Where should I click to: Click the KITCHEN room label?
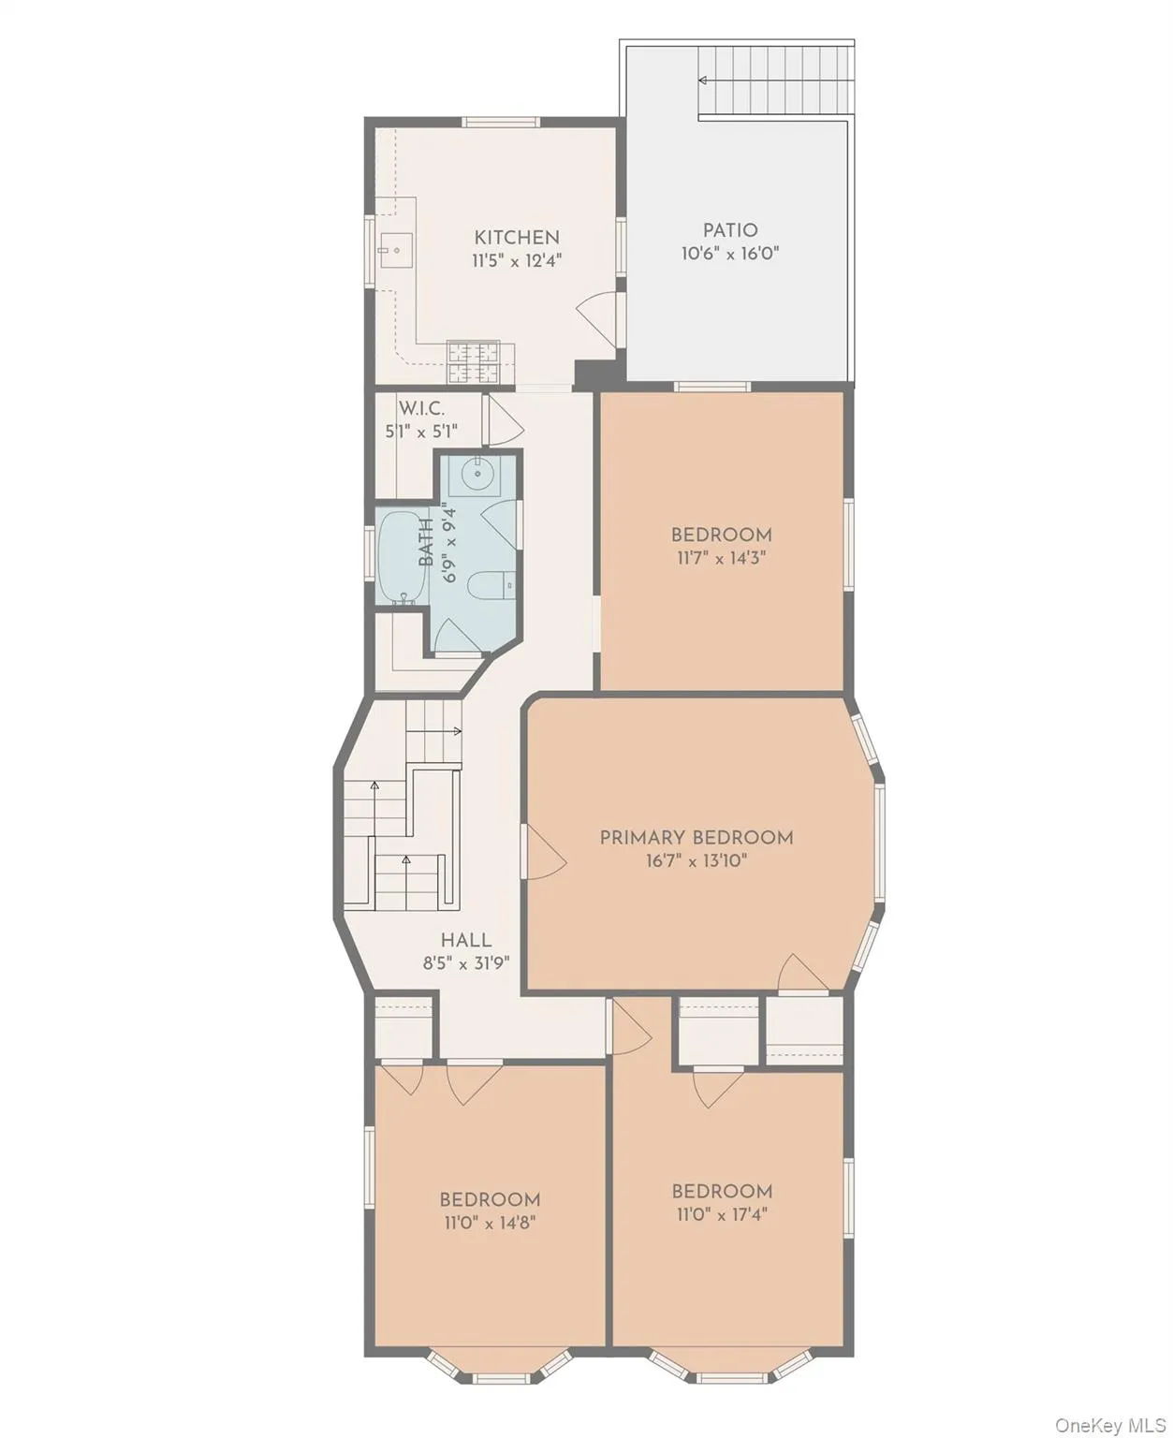pos(516,237)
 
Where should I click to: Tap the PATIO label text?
pos(730,229)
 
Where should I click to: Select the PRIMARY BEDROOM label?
pos(696,837)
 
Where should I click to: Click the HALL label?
pos(466,940)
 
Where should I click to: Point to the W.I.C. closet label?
pos(421,408)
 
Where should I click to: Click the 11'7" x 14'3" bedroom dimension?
pos(721,558)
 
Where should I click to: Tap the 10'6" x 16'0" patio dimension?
pos(730,254)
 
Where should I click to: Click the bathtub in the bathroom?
pos(402,558)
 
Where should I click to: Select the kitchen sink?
pos(395,250)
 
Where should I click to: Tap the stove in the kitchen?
pos(474,362)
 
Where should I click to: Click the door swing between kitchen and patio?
pos(596,315)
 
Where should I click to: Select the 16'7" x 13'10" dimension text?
pos(696,860)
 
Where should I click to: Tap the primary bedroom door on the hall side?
pos(544,852)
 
